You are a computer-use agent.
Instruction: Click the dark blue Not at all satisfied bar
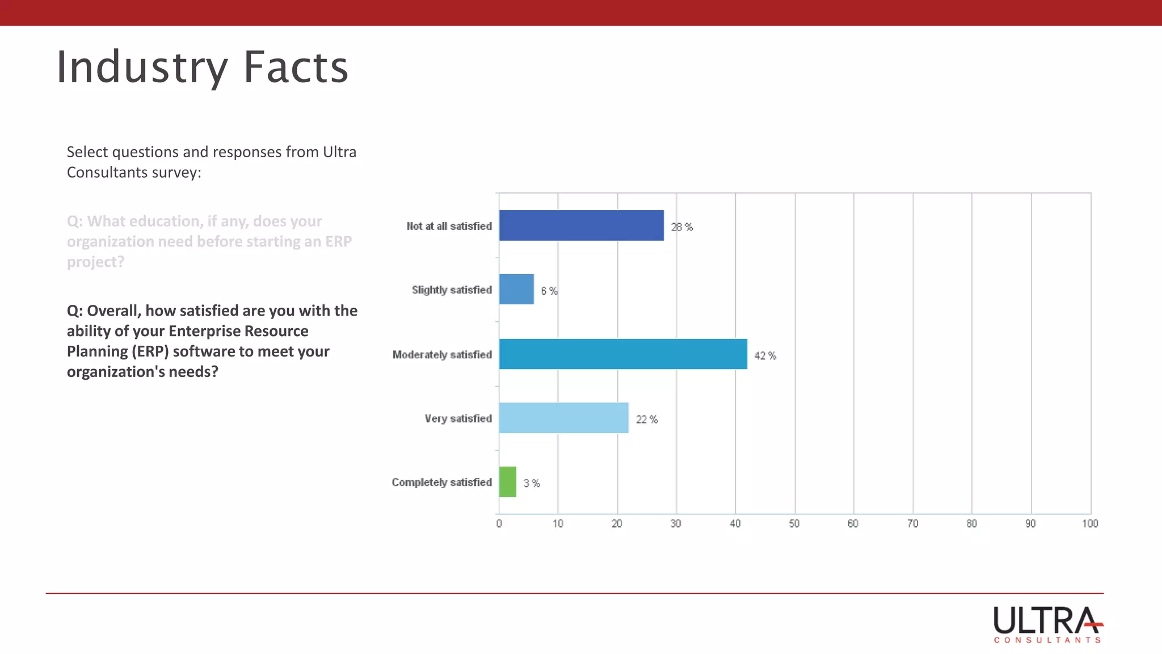581,225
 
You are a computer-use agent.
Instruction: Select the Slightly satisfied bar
516,289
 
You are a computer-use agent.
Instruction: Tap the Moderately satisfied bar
623,354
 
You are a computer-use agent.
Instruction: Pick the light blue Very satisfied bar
563,418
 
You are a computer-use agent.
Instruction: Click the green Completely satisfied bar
507,481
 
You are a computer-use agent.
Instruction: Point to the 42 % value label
765,355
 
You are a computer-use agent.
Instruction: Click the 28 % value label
681,227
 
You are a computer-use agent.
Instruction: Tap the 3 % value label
531,483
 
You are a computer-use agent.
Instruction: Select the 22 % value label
646,419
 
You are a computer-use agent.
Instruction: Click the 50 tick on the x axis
794,523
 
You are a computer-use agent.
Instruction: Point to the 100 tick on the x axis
1089,523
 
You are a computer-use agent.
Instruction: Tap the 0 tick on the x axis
499,523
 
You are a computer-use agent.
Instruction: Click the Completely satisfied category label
441,482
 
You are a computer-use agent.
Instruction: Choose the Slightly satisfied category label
452,290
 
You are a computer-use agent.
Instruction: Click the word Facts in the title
296,67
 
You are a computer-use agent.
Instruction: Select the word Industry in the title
142,67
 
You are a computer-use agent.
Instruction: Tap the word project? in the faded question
95,262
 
